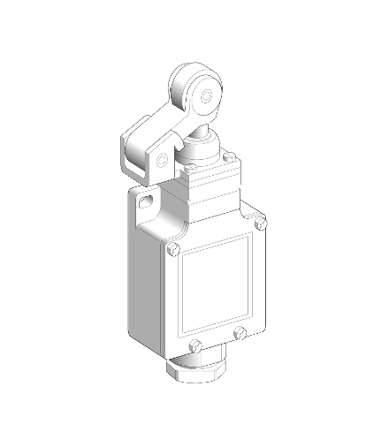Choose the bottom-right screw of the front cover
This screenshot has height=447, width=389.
[x=240, y=333]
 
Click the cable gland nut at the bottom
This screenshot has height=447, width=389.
[x=199, y=371]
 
